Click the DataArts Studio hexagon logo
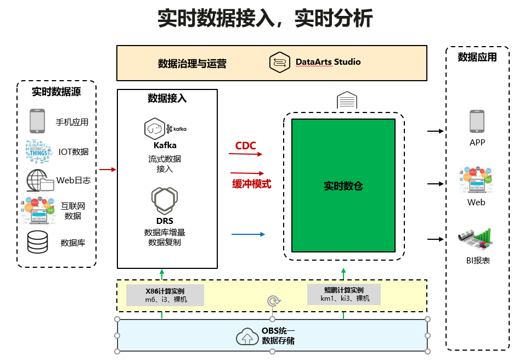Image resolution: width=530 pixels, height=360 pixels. pos(279,63)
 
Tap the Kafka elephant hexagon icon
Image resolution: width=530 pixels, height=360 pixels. pos(155,129)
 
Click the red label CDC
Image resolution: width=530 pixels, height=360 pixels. pos(245,146)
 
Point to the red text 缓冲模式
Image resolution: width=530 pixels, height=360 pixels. pos(251,184)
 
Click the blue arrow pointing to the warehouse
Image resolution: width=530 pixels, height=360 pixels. pos(248,234)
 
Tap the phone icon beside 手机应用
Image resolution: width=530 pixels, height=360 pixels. pos(37,121)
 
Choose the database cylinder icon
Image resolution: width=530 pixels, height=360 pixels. pos(37,241)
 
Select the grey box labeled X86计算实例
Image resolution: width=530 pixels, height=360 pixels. pos(165,295)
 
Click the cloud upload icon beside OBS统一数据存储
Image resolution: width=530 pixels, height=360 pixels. pos(247,336)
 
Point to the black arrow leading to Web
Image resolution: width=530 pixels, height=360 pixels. pos(435,184)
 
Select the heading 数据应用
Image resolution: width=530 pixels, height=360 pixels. pos(477,57)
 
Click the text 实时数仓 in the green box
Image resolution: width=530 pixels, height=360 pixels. pos(343,186)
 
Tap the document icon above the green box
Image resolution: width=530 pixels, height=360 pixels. pos(347,100)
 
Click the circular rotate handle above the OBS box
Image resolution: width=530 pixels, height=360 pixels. pos(273,301)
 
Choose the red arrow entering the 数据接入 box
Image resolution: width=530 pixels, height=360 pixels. pos(108,170)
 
